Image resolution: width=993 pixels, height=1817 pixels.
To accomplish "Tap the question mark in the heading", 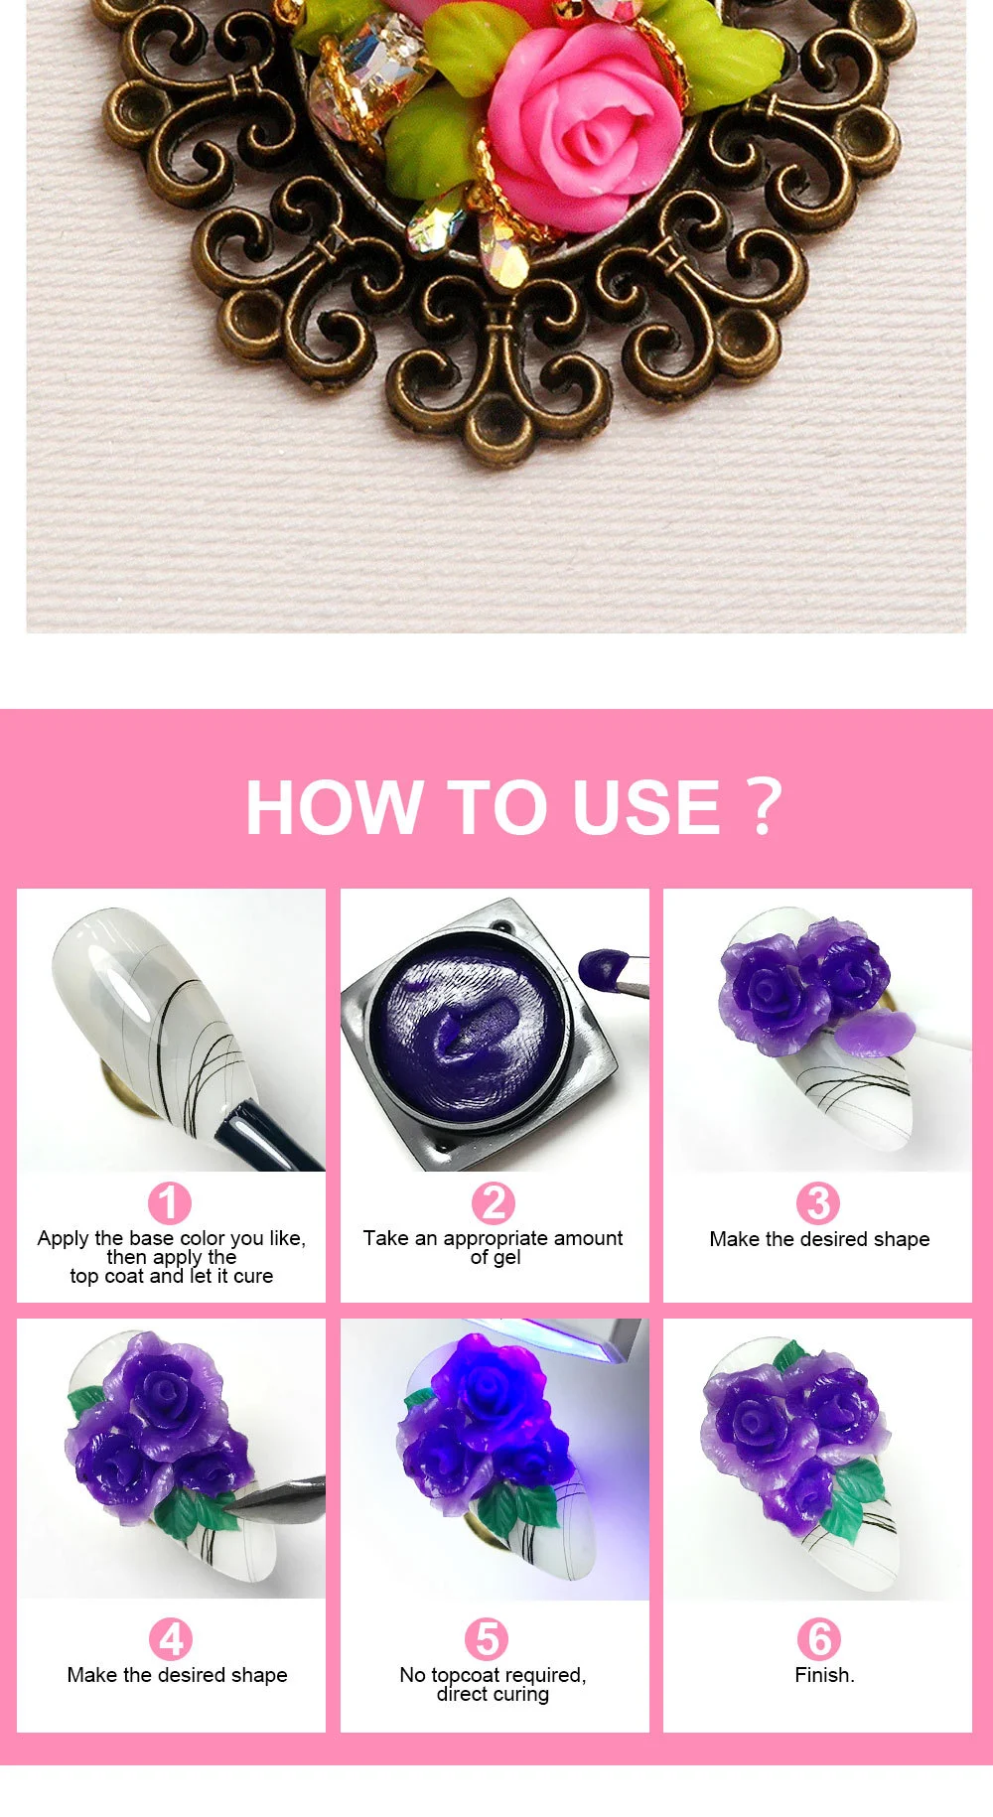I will pos(763,806).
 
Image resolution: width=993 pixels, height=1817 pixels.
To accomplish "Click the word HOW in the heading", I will pos(333,807).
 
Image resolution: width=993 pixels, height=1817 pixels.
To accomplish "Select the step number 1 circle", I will pos(169,1203).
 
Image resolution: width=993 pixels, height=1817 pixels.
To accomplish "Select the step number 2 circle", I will pos(494,1203).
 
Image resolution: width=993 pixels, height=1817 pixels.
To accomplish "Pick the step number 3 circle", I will pos(818,1203).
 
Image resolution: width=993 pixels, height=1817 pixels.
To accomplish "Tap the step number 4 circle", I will pos(171,1639).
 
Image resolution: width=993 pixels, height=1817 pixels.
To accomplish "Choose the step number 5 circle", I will pos(487,1639).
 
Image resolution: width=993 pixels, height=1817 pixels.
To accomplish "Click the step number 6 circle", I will pos(819,1639).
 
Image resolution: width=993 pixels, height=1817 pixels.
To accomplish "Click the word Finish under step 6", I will pos(822,1675).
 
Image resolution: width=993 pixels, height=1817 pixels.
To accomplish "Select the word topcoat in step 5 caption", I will pos(472,1675).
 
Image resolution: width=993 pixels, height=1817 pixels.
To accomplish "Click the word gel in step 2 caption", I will pos(506,1258).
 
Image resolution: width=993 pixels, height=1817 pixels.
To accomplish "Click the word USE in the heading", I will pos(645,807).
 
